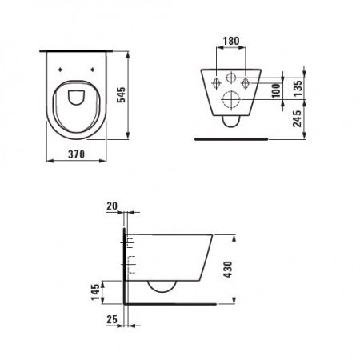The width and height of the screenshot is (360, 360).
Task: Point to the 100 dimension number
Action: pyautogui.click(x=277, y=87)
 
